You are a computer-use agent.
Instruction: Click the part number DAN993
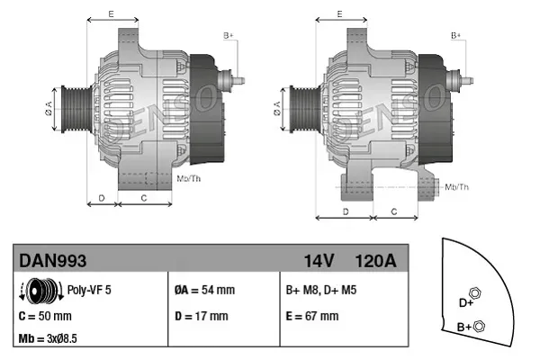(52, 261)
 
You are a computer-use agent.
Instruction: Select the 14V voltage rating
(319, 261)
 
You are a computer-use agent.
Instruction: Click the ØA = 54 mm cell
(204, 291)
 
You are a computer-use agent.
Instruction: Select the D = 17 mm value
(201, 316)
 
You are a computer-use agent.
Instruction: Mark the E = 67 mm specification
(312, 316)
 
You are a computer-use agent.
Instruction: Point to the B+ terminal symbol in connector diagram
(480, 326)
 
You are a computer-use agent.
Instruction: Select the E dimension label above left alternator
(110, 14)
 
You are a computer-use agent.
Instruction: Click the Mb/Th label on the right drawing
(457, 186)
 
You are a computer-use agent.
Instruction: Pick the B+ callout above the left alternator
(229, 35)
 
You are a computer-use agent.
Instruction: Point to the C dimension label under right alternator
(394, 211)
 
